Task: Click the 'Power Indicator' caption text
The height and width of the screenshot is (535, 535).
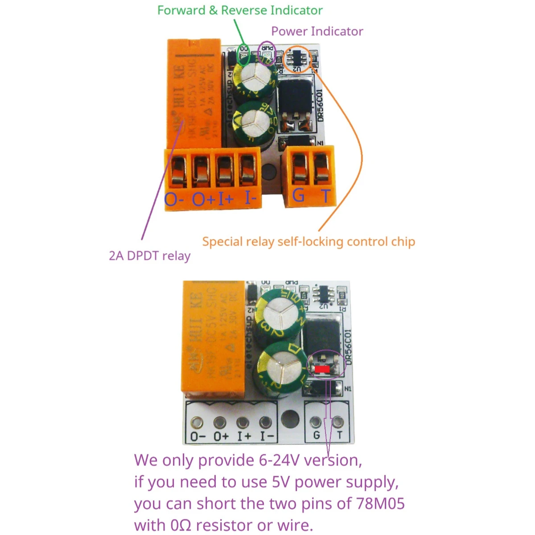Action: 317,31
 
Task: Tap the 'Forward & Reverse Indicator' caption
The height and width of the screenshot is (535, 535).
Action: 240,10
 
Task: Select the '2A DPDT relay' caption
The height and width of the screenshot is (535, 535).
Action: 149,256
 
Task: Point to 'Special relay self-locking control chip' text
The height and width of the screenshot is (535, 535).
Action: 309,242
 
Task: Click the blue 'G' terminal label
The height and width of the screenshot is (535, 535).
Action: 298,195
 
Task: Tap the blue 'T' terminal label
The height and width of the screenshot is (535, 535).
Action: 326,196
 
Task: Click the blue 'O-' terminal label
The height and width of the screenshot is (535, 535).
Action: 174,199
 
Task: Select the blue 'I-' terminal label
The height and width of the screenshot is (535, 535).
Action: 250,198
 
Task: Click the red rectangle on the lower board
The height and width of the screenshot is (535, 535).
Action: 321,369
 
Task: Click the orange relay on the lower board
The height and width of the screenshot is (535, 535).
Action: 213,337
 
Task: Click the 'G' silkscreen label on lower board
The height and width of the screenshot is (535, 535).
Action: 317,435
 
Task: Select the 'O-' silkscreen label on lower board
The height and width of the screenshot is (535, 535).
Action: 198,436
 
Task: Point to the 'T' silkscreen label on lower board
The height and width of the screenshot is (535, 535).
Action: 340,435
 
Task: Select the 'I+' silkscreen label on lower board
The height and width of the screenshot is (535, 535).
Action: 244,436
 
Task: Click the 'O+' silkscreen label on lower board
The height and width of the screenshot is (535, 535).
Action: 221,436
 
